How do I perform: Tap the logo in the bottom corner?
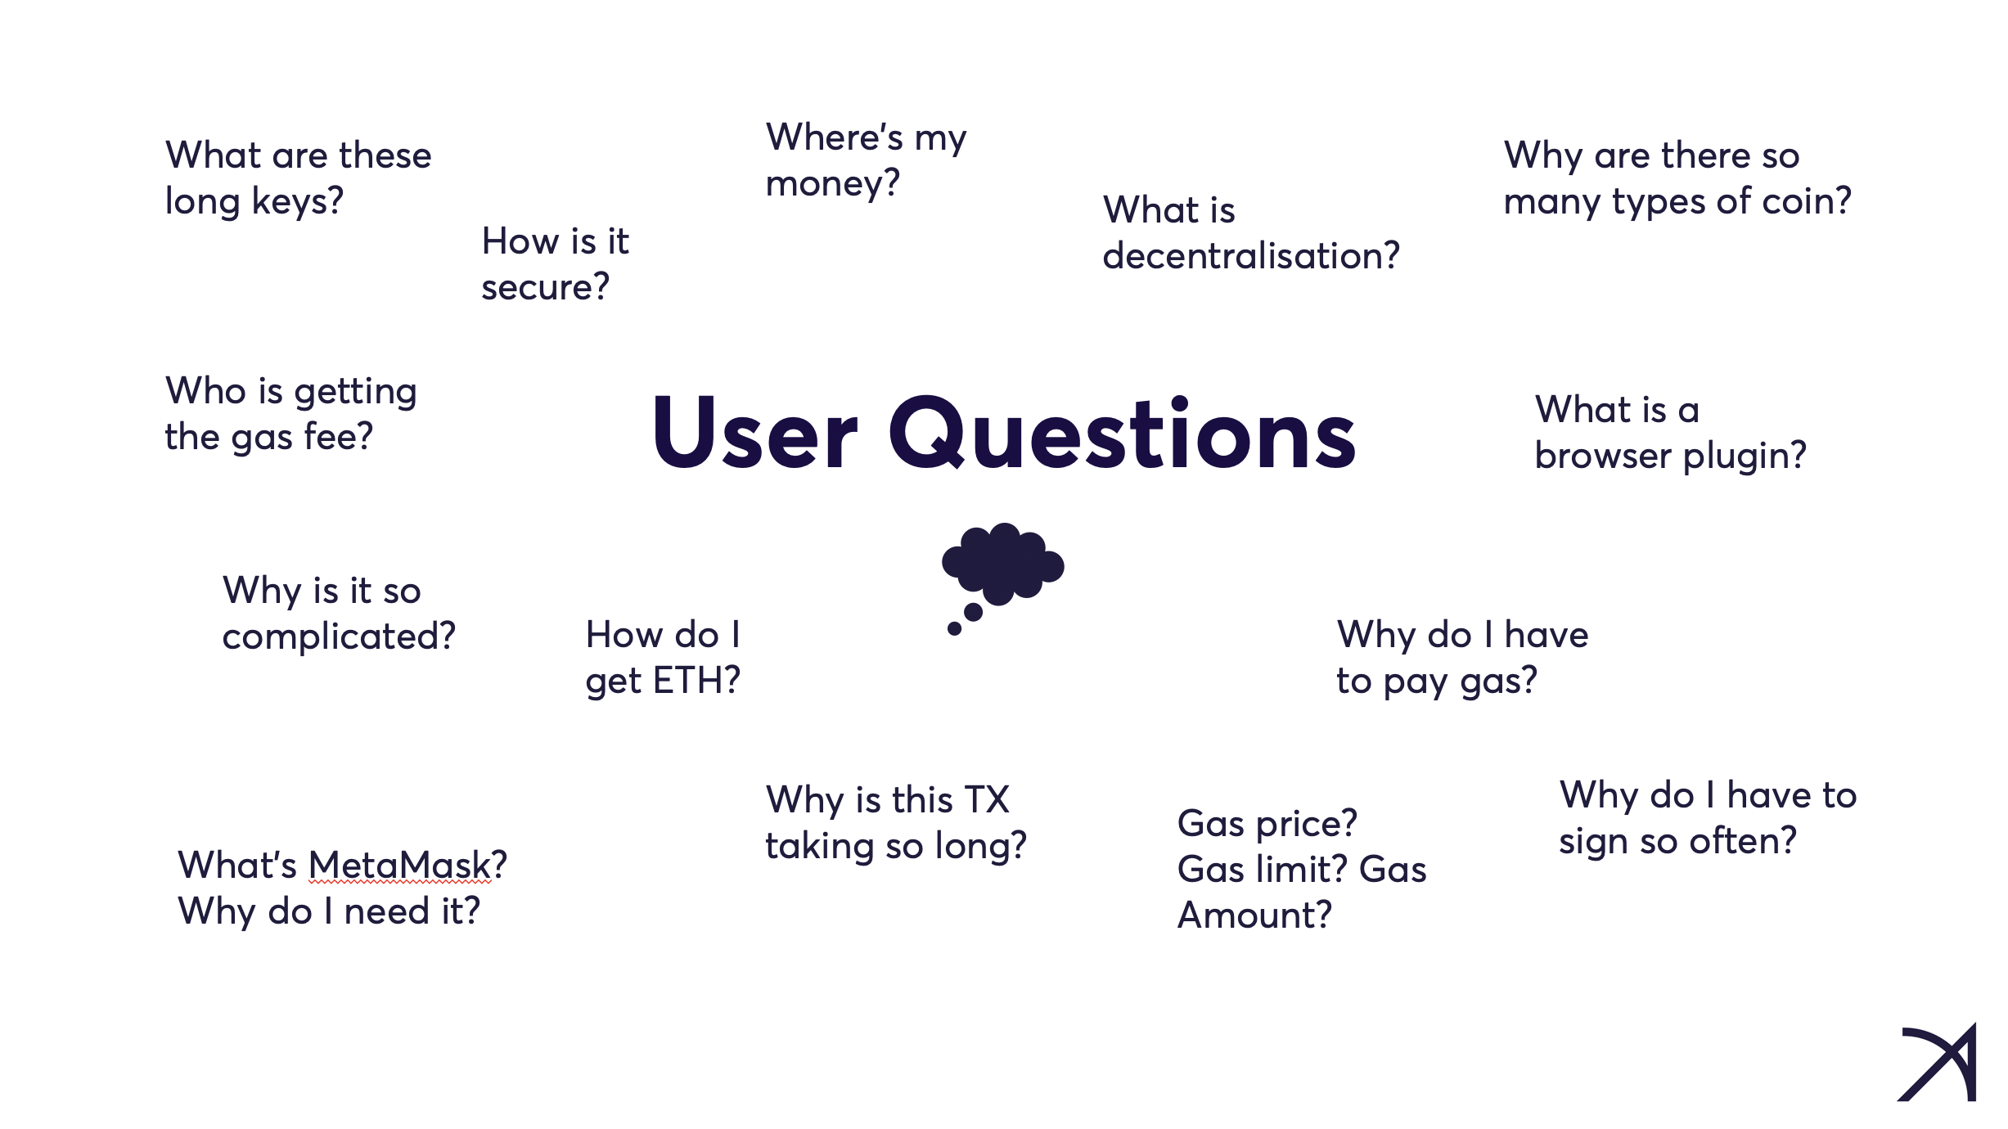(x=1938, y=1062)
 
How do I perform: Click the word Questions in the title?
(x=1122, y=433)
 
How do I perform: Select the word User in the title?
(x=754, y=433)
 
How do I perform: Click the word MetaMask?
(x=399, y=865)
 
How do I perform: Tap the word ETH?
(x=689, y=680)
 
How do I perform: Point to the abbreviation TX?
(x=987, y=799)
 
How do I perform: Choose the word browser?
(x=1603, y=455)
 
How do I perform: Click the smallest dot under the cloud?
(x=954, y=628)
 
